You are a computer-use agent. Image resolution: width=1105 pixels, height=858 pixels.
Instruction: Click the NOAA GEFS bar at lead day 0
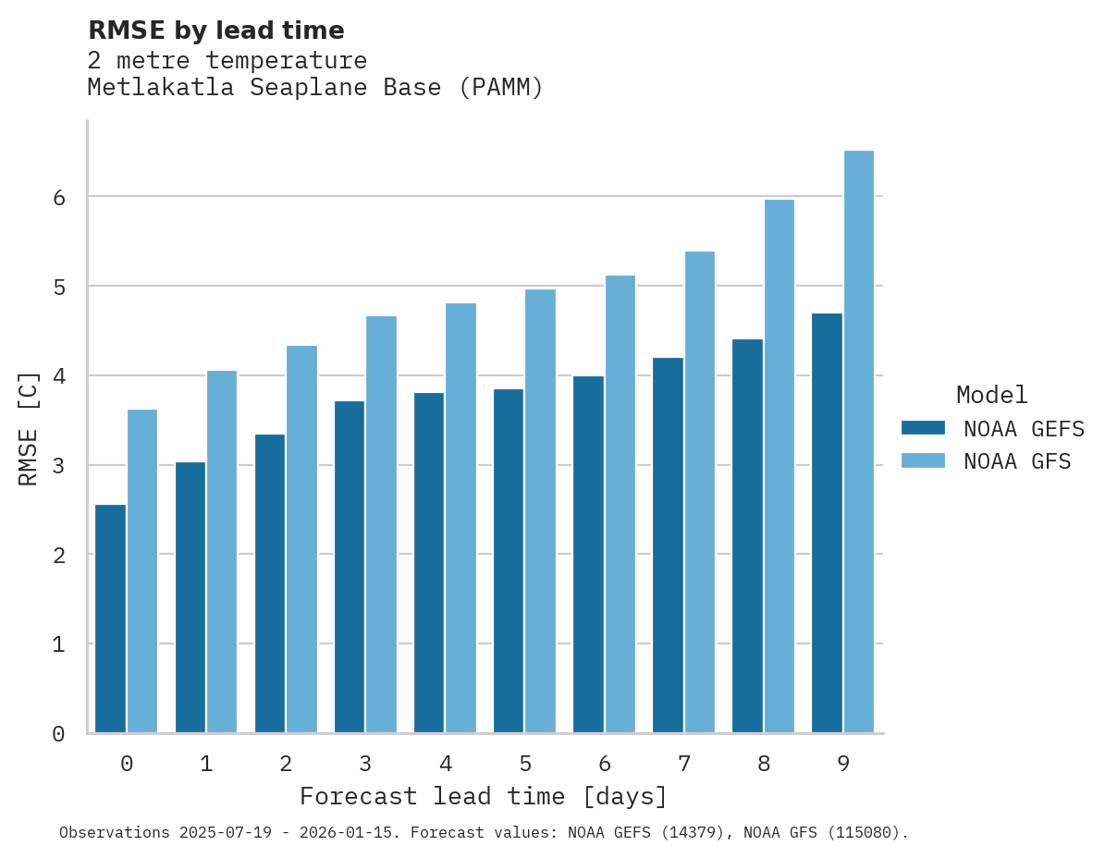[x=111, y=619]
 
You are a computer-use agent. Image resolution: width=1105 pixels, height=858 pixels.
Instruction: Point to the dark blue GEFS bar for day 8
[x=747, y=536]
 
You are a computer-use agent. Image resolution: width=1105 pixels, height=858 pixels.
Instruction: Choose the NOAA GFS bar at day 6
[x=620, y=504]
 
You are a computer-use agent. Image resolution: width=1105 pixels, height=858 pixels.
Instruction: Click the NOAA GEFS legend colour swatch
[x=923, y=428]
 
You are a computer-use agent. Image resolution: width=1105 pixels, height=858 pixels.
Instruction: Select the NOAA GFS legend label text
[x=1017, y=461]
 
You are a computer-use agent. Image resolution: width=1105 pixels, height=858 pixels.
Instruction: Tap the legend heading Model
[x=991, y=395]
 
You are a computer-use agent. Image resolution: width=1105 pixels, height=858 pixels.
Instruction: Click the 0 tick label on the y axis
[x=58, y=734]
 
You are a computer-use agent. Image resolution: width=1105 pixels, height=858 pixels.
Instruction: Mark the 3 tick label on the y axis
[x=58, y=465]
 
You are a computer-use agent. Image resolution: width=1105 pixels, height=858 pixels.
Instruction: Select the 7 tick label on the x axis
[x=684, y=764]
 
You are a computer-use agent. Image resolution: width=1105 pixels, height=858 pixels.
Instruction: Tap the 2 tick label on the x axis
[x=286, y=764]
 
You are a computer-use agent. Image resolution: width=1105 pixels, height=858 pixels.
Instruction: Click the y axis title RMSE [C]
[x=29, y=428]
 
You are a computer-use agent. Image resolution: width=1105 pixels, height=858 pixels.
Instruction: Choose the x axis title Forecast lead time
[x=483, y=796]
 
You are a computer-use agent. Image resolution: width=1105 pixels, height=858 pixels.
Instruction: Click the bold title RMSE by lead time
[x=215, y=31]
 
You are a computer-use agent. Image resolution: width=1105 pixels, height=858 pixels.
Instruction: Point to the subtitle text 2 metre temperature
[x=227, y=61]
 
